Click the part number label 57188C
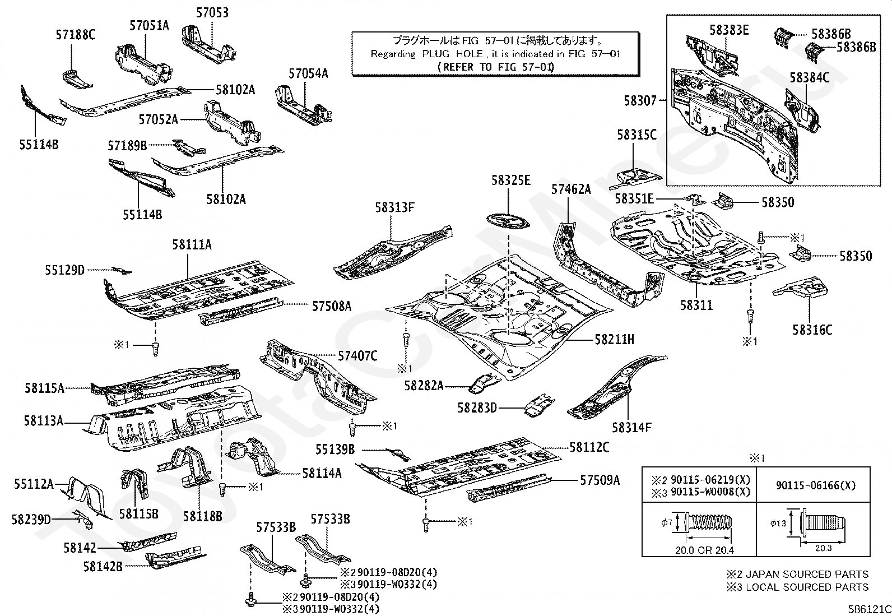point(75,35)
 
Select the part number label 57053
point(212,12)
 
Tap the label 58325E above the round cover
point(510,180)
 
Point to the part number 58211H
point(614,339)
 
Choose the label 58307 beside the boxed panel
point(640,101)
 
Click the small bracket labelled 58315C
point(635,175)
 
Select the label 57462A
point(571,189)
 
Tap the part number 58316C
point(812,330)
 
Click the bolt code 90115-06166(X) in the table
point(816,486)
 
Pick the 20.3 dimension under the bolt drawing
point(823,548)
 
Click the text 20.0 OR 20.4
point(704,550)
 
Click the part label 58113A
point(44,420)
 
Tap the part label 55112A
point(34,483)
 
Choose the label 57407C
point(357,355)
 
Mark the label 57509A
point(600,480)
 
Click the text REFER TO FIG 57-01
point(495,67)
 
